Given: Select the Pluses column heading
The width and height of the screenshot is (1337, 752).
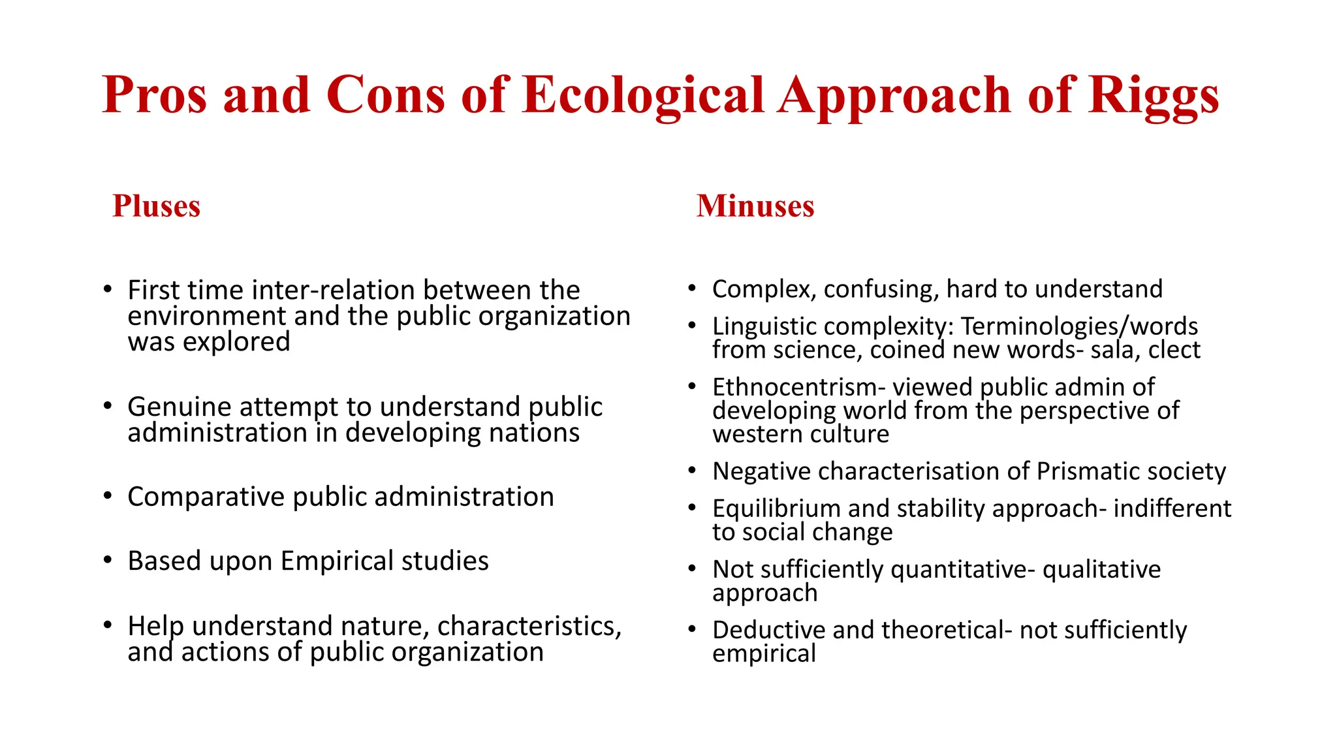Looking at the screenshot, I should point(156,206).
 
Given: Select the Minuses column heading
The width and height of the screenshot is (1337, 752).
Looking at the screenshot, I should point(755,206).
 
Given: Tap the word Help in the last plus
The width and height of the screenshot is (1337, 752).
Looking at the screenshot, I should point(155,626).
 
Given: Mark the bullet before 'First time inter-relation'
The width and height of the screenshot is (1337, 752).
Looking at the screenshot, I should point(108,289).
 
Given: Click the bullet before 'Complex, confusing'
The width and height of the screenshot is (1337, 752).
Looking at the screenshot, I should point(692,288).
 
